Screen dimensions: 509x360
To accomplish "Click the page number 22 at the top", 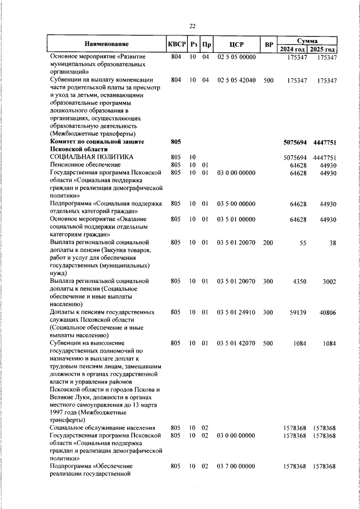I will click(x=192, y=26).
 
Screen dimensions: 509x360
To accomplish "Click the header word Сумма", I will click(x=308, y=41).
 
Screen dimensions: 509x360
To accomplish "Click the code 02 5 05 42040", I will click(x=236, y=80).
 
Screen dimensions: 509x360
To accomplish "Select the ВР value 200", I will click(x=268, y=242).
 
